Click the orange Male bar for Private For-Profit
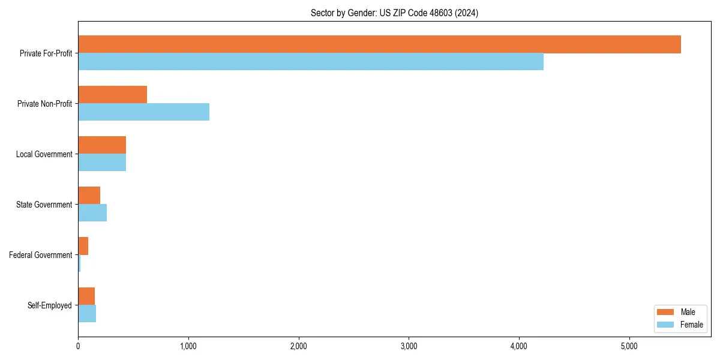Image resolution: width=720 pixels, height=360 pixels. tap(379, 44)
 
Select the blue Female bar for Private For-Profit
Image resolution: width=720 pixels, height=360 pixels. tap(311, 62)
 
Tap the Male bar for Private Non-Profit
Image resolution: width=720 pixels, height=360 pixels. tap(112, 95)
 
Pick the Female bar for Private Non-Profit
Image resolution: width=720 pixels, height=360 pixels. tap(143, 112)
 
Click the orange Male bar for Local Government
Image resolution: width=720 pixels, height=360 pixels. tap(102, 145)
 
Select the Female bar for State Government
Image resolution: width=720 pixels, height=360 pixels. tap(92, 213)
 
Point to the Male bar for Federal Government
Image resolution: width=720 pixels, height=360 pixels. tap(83, 246)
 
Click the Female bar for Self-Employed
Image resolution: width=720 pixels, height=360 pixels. tap(87, 314)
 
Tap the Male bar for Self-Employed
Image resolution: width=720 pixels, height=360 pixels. tap(86, 296)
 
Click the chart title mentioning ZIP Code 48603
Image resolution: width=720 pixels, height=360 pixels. tap(394, 13)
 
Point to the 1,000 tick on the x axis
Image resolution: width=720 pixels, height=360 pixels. tap(188, 346)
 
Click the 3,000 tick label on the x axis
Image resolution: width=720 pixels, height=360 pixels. tap(409, 346)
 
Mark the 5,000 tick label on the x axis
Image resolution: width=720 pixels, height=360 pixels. tap(629, 346)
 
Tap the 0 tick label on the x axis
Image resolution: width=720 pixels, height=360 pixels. tap(78, 346)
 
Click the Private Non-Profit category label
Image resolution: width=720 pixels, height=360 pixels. tap(44, 104)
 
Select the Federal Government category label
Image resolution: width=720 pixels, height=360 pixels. tap(40, 255)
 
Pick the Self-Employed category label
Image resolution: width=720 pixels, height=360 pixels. tap(49, 305)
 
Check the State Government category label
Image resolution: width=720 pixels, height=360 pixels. tap(44, 205)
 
